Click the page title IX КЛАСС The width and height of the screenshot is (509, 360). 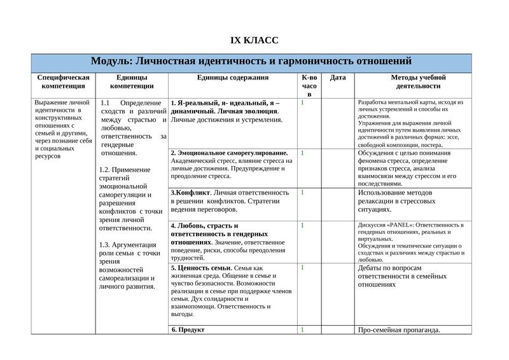(x=254, y=41)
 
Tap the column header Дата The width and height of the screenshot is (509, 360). (x=338, y=78)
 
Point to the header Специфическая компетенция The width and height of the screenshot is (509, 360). (x=63, y=81)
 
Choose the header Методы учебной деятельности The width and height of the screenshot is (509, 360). (x=414, y=81)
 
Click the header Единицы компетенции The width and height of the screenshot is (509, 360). (x=132, y=81)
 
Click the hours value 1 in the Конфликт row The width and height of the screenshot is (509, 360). (x=302, y=192)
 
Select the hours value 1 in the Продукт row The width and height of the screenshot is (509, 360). (x=302, y=329)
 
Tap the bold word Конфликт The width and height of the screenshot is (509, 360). (x=193, y=192)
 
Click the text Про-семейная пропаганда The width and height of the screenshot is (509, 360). (x=399, y=329)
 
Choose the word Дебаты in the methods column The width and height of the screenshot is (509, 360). (x=372, y=268)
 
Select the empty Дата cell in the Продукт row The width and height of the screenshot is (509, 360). (x=338, y=329)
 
